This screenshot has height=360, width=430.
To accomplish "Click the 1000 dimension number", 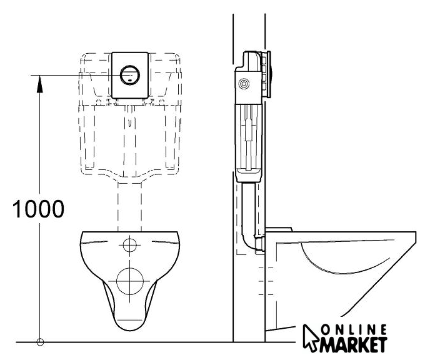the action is (38, 209).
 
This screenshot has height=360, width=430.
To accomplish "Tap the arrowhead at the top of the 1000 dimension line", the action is (40, 84).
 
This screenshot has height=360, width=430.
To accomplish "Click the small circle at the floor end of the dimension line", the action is (40, 342).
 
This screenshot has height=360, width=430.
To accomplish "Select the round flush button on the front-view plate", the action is (130, 75).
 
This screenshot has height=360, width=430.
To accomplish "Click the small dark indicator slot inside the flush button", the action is (130, 81).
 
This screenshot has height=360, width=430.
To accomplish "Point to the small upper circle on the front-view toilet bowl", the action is (130, 245).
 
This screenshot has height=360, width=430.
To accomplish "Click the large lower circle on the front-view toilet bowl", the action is (130, 281).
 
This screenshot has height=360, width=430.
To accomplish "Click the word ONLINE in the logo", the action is (354, 330).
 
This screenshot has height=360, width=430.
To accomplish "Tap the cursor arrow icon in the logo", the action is (311, 337).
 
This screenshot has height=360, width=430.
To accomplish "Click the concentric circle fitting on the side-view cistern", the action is (244, 84).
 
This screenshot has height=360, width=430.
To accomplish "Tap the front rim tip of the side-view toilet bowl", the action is (414, 235).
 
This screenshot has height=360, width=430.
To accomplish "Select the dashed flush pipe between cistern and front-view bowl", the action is (130, 207).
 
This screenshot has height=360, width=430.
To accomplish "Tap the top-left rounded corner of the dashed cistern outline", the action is (83, 57).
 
